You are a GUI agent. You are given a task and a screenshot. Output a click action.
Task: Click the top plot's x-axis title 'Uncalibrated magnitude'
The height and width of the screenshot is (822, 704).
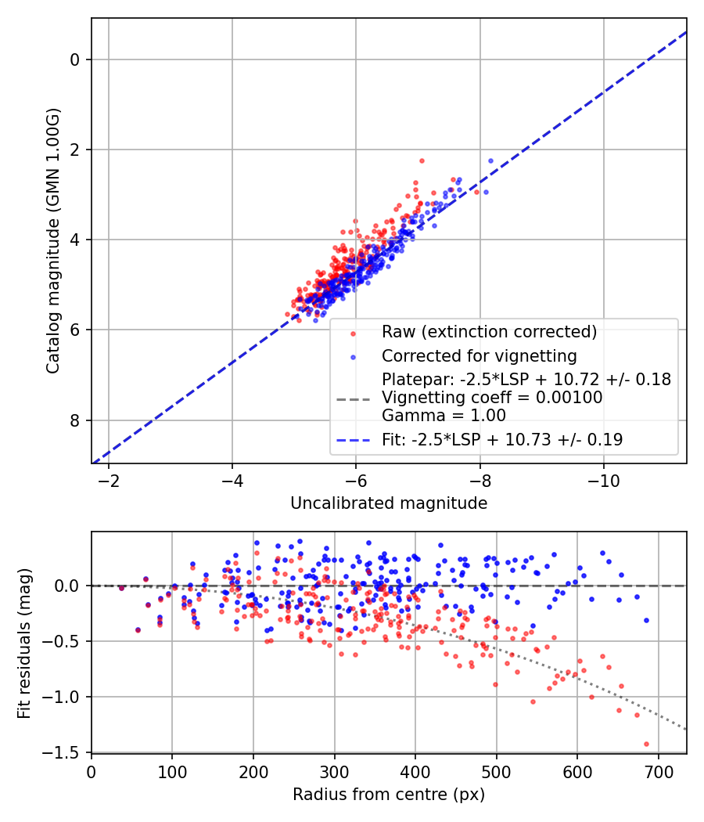[x=389, y=503]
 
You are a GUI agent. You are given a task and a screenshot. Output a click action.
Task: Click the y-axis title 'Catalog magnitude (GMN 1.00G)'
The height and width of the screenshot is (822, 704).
[x=52, y=240]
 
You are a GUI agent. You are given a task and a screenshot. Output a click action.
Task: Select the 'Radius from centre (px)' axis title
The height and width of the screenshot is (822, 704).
[x=389, y=795]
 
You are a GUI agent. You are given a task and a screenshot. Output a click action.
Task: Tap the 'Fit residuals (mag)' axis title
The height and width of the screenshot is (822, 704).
[x=24, y=642]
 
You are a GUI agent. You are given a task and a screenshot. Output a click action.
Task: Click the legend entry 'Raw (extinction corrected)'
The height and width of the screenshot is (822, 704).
[x=489, y=332]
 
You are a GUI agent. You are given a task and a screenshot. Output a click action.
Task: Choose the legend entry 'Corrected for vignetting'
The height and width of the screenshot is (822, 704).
[x=479, y=356]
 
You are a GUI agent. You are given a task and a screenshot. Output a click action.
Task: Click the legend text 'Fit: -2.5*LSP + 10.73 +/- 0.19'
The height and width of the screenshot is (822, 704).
[x=502, y=440]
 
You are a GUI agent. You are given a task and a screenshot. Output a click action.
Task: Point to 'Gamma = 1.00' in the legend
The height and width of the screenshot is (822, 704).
[x=444, y=416]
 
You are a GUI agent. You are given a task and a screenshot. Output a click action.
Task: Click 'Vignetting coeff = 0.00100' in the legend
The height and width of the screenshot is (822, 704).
[x=492, y=398]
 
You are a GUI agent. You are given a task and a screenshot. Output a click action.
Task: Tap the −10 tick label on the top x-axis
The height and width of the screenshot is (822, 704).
[x=603, y=478]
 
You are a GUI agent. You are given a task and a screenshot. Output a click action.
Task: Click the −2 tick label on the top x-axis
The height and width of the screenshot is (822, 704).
[x=108, y=478]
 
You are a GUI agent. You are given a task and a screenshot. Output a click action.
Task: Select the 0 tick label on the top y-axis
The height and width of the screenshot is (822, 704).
[x=75, y=59]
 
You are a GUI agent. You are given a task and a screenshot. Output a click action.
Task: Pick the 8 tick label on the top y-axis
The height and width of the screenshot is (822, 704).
[x=75, y=420]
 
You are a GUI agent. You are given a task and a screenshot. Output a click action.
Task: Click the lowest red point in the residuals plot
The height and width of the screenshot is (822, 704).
[x=646, y=744]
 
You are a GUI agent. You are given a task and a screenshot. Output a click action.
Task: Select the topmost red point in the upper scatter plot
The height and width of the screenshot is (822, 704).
[x=422, y=160]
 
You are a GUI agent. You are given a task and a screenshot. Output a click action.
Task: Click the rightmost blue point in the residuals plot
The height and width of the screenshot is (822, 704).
[x=646, y=620]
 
